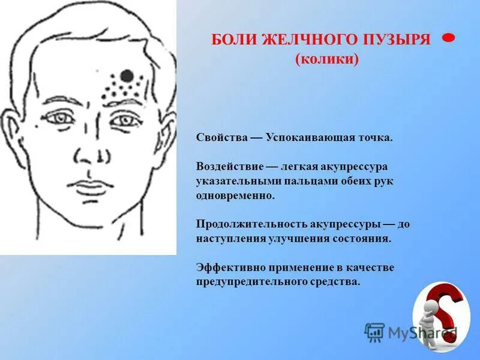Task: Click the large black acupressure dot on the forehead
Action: (127, 76)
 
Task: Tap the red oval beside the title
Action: (448, 38)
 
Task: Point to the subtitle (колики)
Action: (327, 59)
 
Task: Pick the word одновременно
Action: (235, 196)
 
